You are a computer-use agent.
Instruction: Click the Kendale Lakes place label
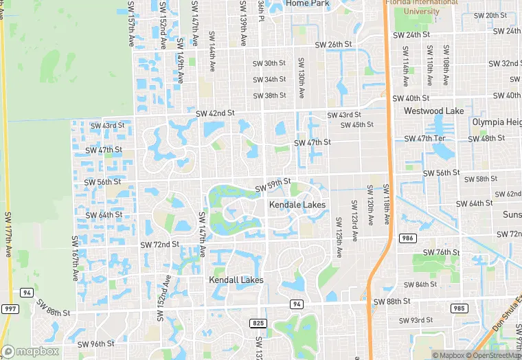click(297, 205)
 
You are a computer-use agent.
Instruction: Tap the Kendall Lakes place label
click(236, 280)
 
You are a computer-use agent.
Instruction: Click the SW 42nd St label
click(215, 113)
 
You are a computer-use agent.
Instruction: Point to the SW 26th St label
click(333, 45)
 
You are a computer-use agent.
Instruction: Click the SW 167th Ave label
click(74, 258)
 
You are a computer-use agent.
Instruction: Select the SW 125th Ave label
click(339, 237)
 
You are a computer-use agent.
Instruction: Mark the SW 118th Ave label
click(387, 205)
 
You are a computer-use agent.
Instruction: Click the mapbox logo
click(32, 351)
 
